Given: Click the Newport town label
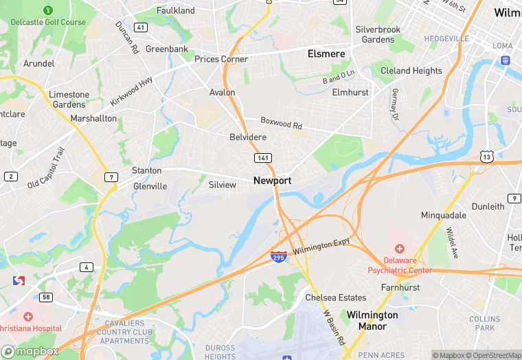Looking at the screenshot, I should pos(272,181).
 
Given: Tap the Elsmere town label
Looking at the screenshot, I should pos(326,53).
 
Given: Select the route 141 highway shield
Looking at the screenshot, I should pos(262,158).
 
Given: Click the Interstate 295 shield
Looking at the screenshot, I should pos(278,257).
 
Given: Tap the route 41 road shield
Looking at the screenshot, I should pos(141,27).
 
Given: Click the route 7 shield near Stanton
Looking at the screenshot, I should pos(110,178).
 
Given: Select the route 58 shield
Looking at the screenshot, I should pos(45,297).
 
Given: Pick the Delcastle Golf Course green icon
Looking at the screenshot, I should pos(48,10).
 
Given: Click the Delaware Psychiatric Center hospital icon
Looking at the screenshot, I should pos(399,248).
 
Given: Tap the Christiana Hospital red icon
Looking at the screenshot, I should pos(27,317).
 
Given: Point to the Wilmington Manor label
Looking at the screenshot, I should pos(372,320).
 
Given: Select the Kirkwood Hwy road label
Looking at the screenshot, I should pos(131,91).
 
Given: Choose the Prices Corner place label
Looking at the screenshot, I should pos(221,59).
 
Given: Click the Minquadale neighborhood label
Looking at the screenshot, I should pos(444,215).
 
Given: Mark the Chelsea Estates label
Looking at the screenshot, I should pos(336,297).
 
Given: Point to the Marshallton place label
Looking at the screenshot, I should pos(93,118).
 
